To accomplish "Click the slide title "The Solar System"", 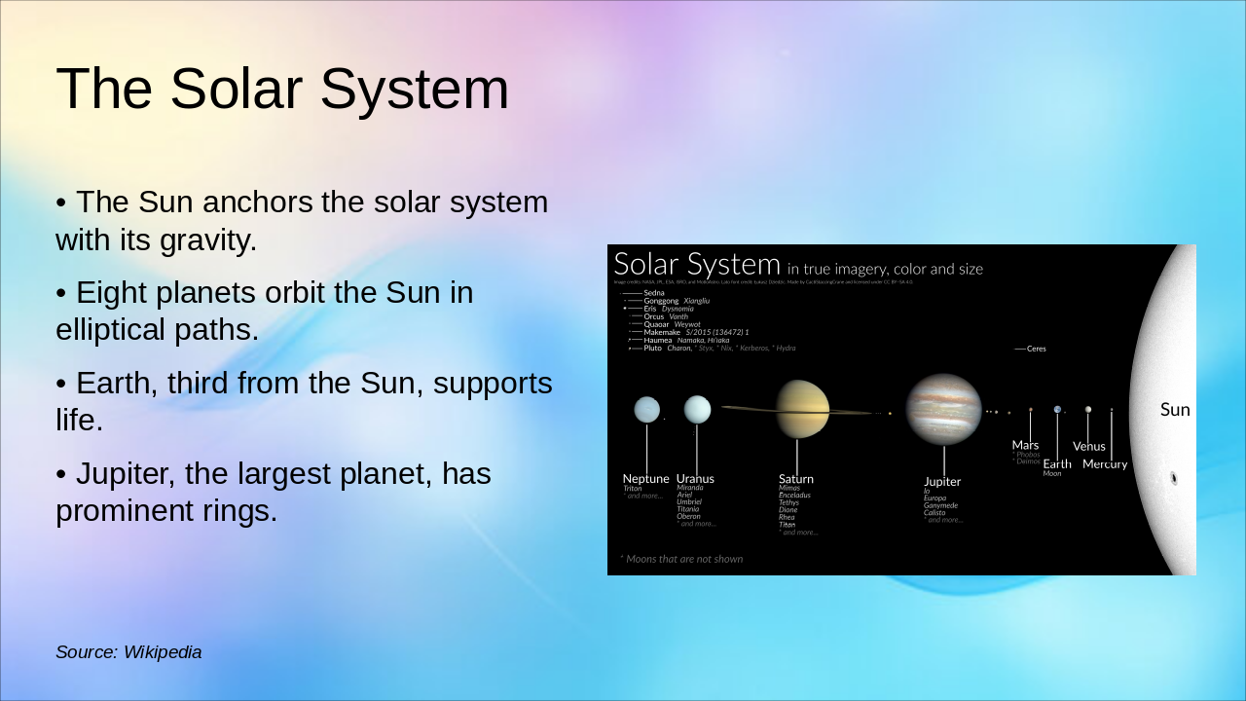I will coord(282,89).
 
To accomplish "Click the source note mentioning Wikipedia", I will coord(128,652).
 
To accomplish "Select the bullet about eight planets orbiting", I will coord(264,311).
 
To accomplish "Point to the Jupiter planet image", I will coord(943,409).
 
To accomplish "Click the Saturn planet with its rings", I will coord(802,409).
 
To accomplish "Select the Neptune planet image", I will coord(646,409).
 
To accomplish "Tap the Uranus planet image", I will coord(697,409).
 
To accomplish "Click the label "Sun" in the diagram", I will coord(1175,410).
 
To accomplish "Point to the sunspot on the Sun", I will coord(1173,478).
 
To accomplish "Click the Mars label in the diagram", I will coord(1025,445).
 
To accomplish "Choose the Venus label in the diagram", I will coord(1089,447).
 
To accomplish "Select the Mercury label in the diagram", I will coord(1105,464).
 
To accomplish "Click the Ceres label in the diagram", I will coord(1036,349).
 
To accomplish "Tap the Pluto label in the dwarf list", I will coord(652,348).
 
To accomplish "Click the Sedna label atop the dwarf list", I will coord(654,292).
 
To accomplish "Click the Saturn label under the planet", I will coord(795,479).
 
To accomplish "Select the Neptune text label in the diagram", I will coord(645,479).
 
